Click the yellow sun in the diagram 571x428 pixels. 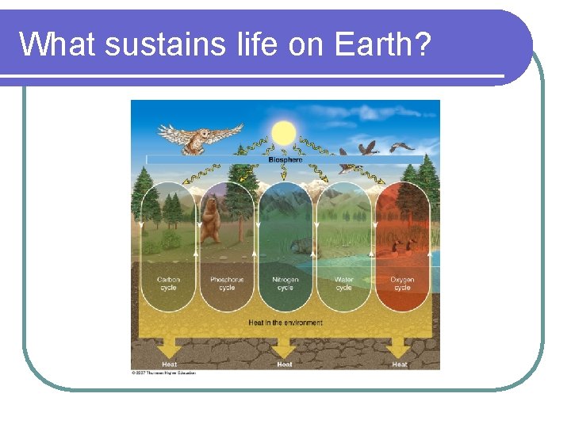[283, 132]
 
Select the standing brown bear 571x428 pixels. [210, 221]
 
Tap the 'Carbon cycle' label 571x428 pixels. [168, 283]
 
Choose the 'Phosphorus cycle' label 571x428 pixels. [227, 283]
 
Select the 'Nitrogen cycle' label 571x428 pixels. [285, 283]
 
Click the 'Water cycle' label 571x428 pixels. [343, 283]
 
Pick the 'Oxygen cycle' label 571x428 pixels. [402, 283]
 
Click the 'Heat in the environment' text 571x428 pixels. [285, 323]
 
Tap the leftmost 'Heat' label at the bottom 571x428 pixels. [170, 364]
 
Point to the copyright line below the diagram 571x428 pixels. [163, 373]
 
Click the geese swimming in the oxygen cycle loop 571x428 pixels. [404, 246]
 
